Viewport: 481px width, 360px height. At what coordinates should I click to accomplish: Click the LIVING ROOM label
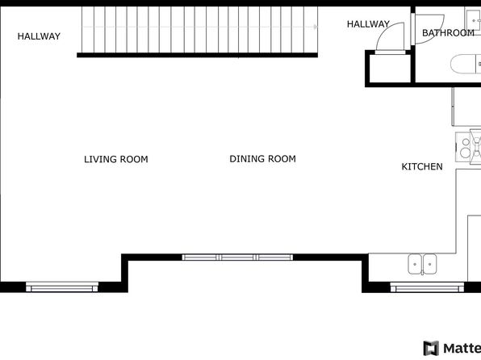(116, 159)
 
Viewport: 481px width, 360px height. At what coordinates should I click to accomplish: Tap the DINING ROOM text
(262, 159)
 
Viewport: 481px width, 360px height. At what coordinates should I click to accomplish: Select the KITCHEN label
(422, 166)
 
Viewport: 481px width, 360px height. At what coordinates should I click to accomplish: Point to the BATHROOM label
(448, 33)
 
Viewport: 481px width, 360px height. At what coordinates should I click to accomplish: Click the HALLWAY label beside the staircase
(39, 36)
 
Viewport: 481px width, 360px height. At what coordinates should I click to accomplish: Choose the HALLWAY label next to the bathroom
(368, 24)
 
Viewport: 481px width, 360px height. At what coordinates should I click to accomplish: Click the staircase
(199, 30)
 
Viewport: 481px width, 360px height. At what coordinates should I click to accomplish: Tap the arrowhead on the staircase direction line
(316, 27)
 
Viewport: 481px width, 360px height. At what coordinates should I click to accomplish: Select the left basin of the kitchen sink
(415, 264)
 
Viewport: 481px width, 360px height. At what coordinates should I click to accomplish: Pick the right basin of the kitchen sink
(430, 264)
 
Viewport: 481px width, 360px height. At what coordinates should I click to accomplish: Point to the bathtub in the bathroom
(466, 64)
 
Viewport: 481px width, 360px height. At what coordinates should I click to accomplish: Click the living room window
(61, 287)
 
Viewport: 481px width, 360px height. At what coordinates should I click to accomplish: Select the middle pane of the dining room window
(237, 257)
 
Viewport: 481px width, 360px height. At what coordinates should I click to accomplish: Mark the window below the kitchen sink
(427, 287)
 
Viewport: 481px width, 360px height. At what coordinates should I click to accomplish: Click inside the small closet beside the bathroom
(390, 69)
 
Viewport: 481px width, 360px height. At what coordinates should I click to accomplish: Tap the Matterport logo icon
(431, 349)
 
